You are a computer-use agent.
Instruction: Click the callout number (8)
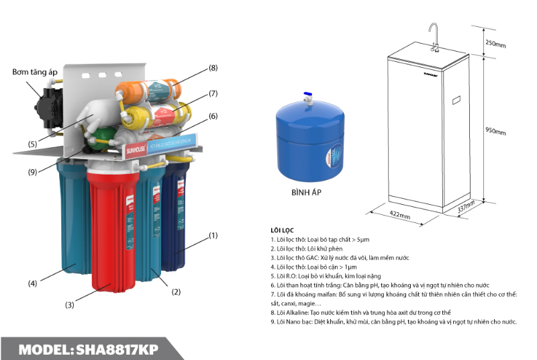(x=213, y=68)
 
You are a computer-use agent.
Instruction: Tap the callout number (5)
(x=32, y=143)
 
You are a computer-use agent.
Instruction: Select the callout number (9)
(x=32, y=172)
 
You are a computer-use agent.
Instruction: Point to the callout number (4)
(x=32, y=283)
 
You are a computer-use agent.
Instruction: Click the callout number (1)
(x=213, y=235)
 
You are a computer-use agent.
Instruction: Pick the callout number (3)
(x=69, y=305)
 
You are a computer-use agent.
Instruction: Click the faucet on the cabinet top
(x=434, y=37)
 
